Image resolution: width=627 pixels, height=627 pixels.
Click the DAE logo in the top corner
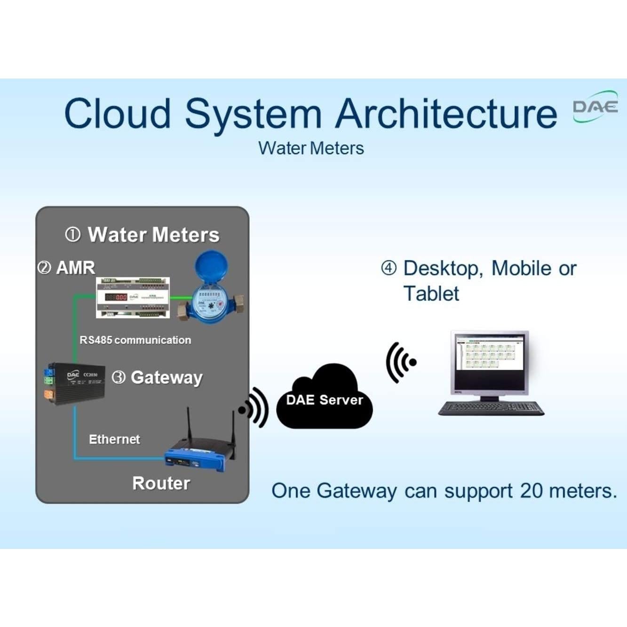tap(595, 107)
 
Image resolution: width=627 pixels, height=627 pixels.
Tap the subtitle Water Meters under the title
tap(311, 148)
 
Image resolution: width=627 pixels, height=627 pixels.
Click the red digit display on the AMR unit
tap(116, 297)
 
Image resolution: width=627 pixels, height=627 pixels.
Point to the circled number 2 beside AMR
tap(44, 268)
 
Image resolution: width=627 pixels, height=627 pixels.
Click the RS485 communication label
tap(135, 340)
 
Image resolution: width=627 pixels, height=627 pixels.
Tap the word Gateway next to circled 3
tap(167, 377)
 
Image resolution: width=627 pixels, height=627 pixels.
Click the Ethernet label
tap(114, 439)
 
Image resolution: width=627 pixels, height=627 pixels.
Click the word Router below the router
tap(161, 483)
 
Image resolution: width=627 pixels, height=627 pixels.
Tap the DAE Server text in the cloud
tap(325, 400)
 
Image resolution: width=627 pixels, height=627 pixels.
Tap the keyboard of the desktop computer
tap(491, 408)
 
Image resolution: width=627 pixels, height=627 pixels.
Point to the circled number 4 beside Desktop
tap(389, 268)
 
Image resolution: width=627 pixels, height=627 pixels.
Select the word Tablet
tap(431, 294)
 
